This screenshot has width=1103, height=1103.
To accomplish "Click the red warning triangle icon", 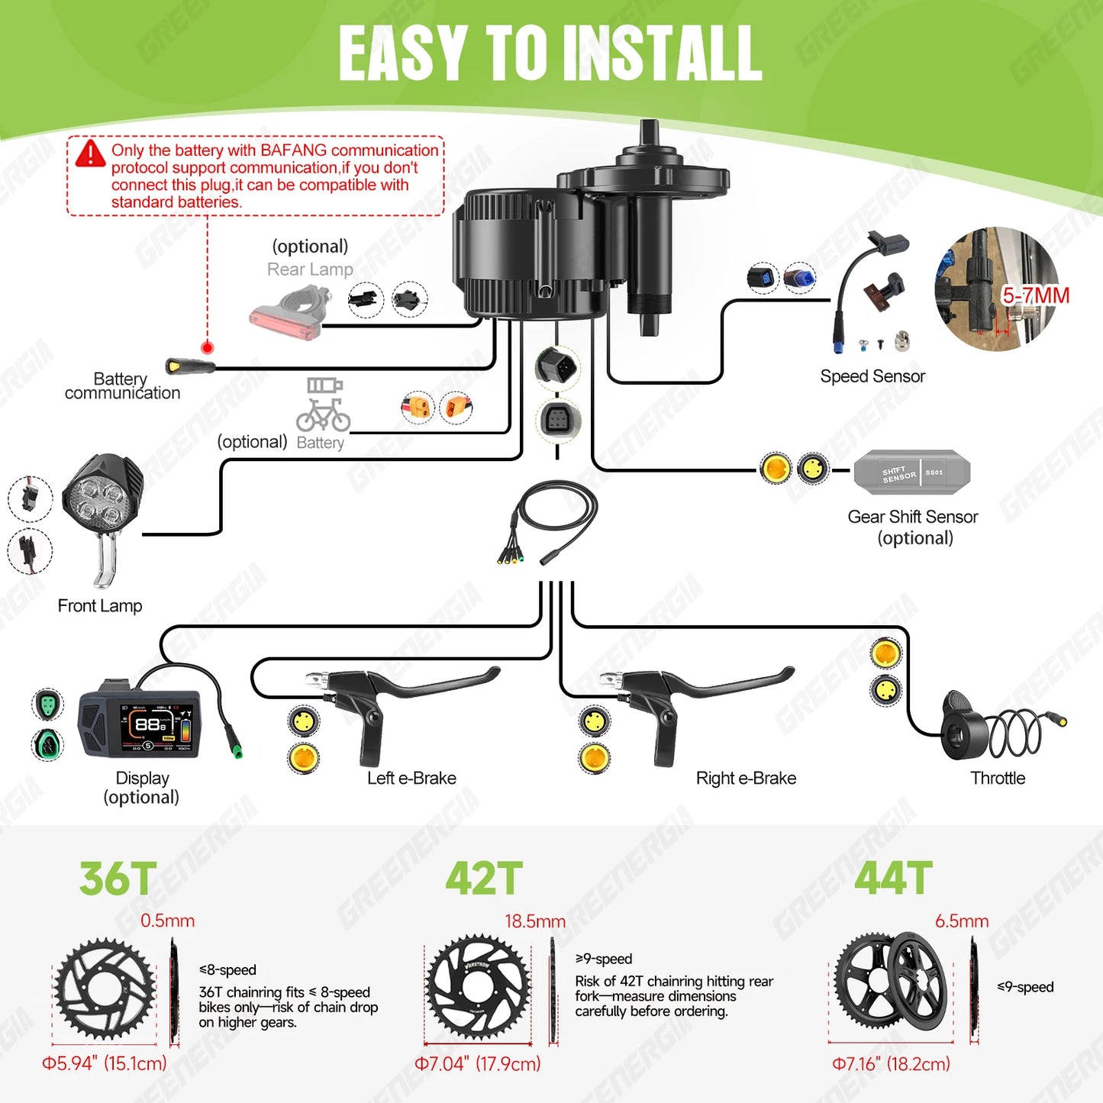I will coord(90,153).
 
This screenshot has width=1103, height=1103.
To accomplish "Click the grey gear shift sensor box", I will coord(911,473).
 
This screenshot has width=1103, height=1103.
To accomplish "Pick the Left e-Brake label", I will coord(411,778).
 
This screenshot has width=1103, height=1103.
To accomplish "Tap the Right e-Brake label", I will coord(746,778).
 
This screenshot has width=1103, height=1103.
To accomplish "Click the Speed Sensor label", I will coord(872,376).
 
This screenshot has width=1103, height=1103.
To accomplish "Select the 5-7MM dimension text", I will coord(1035,295).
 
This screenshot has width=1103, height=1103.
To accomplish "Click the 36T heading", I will coord(118,879).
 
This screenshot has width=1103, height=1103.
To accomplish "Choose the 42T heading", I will coord(484,879).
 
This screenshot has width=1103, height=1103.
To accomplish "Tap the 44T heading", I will coord(893,879).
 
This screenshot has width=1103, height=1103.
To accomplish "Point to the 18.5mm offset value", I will coord(535,921).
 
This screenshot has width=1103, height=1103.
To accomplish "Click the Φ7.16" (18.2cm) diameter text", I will coord(891,1063).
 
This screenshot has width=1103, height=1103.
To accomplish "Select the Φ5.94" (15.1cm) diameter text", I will coord(104,1063).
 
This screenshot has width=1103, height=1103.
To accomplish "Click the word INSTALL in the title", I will coord(662,53).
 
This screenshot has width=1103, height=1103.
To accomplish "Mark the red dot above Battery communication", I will coord(207,348).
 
